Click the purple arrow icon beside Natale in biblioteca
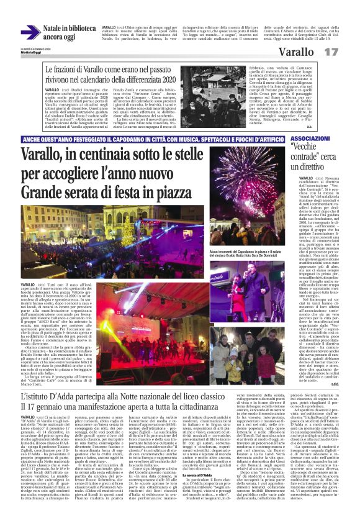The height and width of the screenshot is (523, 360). pos(30,30)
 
